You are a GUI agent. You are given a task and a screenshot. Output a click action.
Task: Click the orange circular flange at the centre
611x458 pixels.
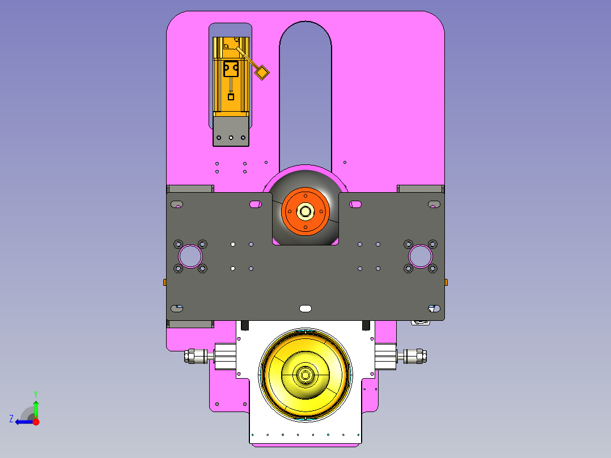[305, 211]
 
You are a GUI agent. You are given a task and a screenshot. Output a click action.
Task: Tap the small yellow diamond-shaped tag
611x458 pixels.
[262, 72]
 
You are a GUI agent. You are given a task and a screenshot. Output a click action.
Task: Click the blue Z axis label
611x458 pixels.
[11, 419]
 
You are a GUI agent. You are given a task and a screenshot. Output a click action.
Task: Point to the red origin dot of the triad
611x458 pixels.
[36, 422]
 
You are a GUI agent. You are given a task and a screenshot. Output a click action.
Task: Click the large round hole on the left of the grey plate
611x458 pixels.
[190, 256]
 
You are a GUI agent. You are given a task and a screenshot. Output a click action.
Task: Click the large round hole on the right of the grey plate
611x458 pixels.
[421, 256]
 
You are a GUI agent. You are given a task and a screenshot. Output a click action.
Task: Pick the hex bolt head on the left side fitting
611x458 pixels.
[189, 357]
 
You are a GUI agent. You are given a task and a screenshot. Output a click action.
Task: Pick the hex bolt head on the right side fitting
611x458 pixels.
[422, 357]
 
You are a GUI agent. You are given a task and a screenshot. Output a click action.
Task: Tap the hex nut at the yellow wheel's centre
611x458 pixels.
[305, 375]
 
